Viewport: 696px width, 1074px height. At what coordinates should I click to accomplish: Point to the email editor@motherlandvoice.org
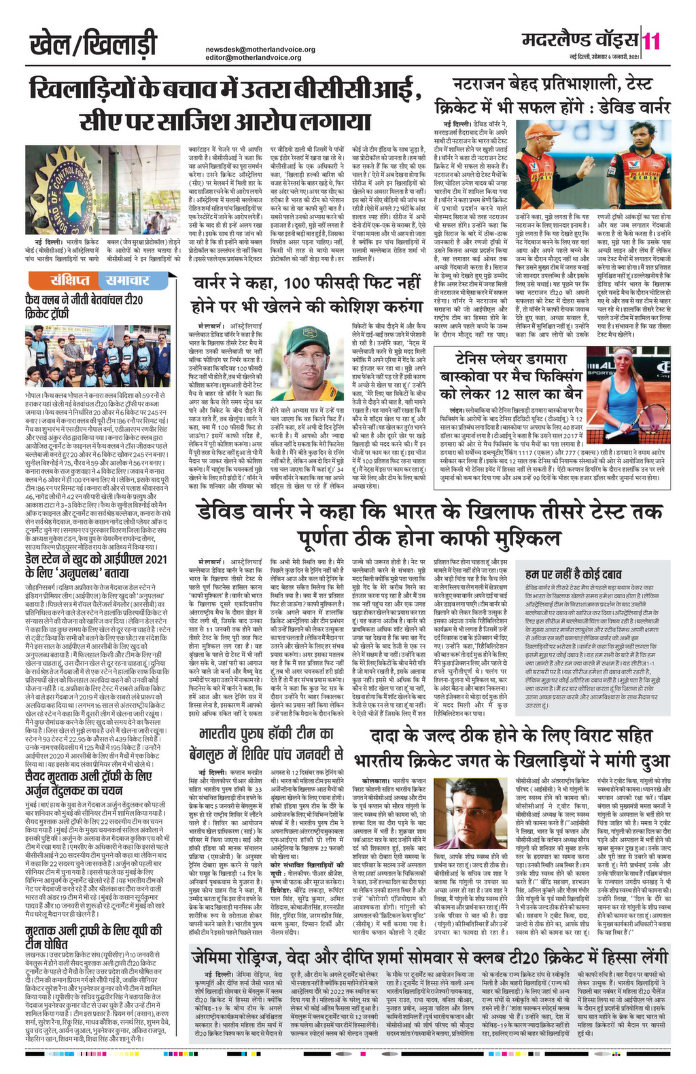coord(253,58)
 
